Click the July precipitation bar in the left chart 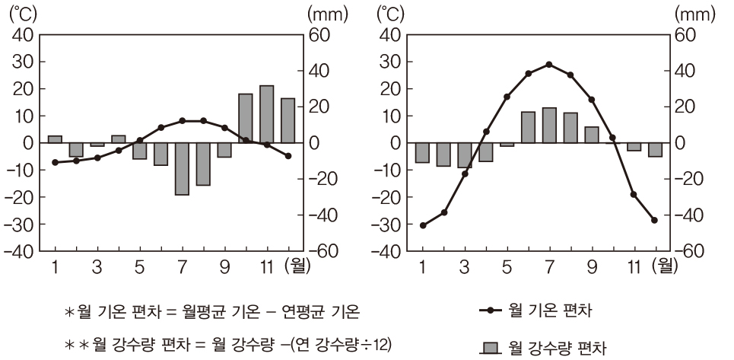coord(182,168)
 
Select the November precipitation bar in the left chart coord(266,114)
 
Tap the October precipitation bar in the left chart coord(245,118)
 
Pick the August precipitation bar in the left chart coord(203,164)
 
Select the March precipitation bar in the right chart coord(464,155)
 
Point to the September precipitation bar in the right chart coord(591,135)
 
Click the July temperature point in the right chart coord(549,65)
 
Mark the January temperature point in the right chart coord(423,225)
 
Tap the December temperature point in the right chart coord(654,220)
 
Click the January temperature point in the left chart coord(55,162)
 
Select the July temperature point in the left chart coord(182,120)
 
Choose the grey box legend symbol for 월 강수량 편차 coord(491,349)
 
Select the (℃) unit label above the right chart coord(389,13)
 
